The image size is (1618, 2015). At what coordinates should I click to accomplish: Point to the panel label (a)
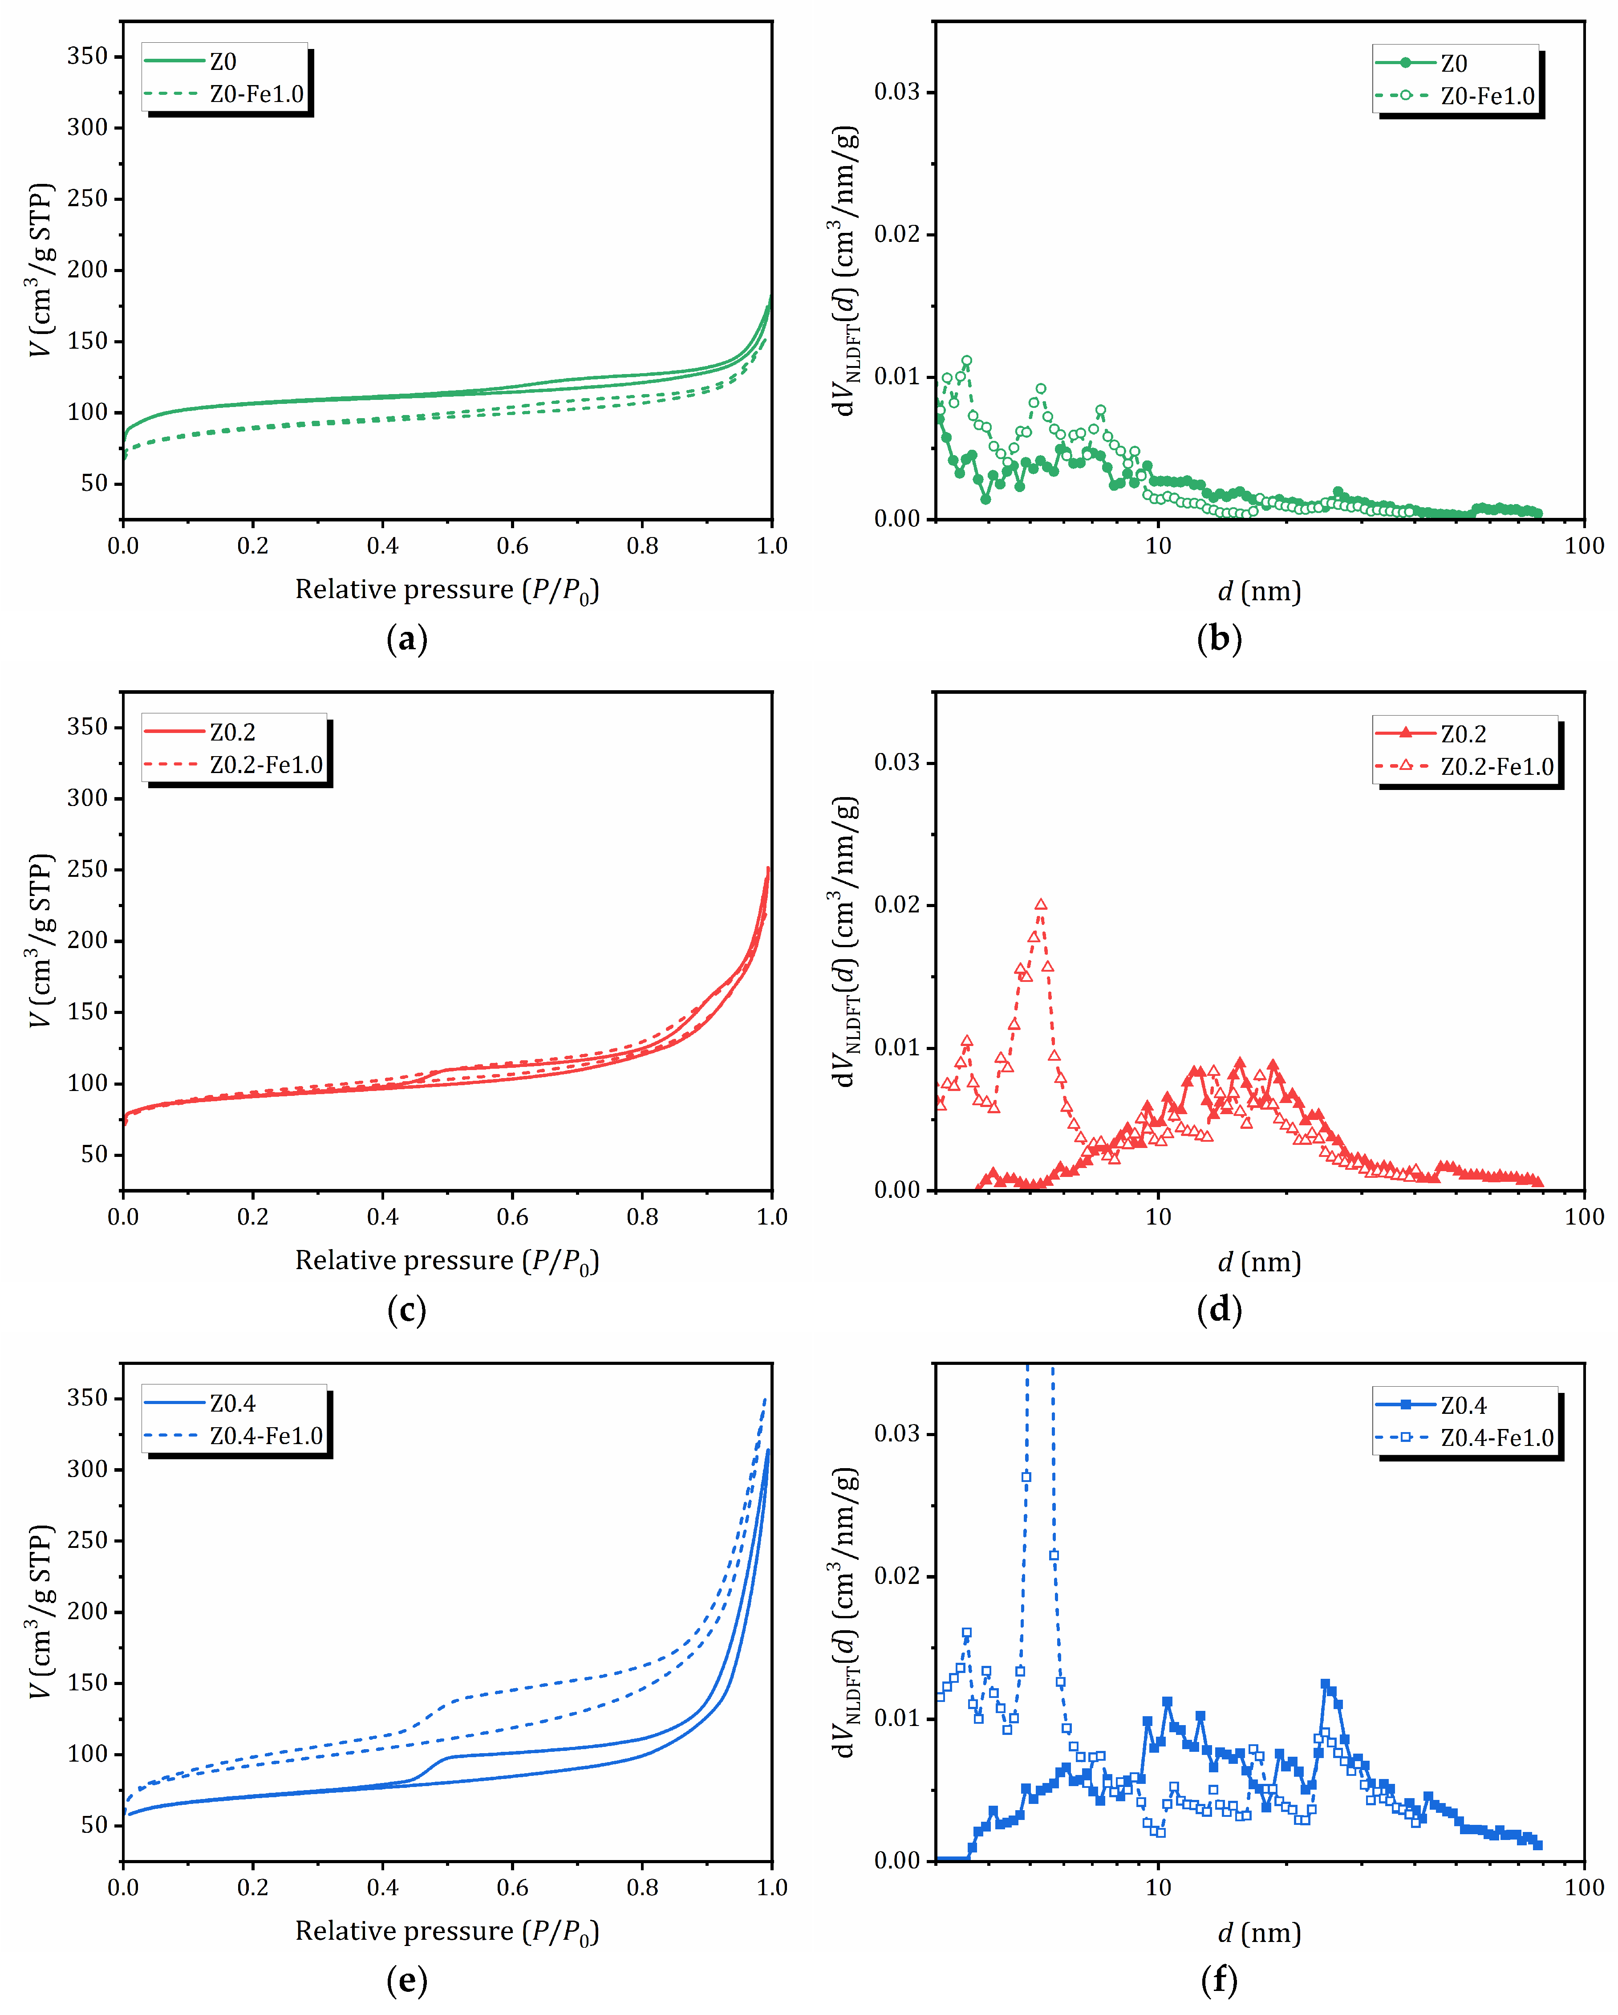pos(406,639)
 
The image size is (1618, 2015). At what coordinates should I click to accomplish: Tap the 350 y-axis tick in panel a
pos(88,56)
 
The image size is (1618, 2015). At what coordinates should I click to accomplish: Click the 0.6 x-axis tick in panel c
pos(512,1217)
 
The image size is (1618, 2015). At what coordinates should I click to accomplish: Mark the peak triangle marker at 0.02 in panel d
pos(1041,905)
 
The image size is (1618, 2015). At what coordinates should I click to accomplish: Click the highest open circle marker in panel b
pos(967,361)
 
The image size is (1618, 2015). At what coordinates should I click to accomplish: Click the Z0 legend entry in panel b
pos(1453,64)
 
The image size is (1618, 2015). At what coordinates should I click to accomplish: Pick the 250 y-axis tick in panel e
pos(88,1540)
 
